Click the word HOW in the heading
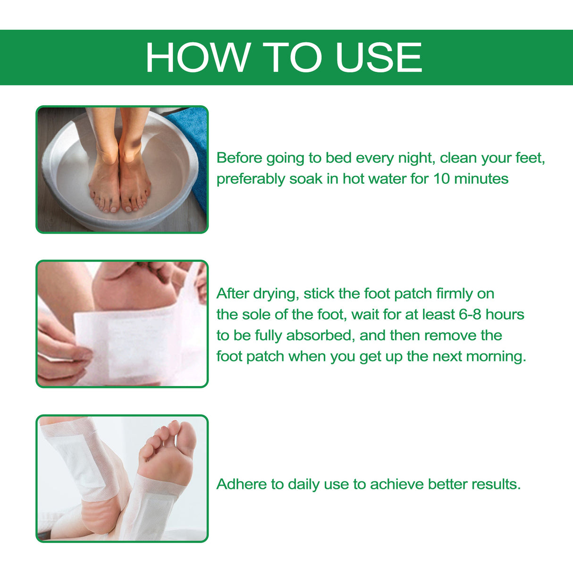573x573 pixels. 197,58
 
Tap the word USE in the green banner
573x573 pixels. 379,58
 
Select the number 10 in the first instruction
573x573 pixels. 441,179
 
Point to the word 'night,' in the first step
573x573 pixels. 416,158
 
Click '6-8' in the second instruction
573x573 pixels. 470,314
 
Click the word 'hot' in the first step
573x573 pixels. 353,179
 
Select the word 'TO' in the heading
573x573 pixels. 291,58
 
